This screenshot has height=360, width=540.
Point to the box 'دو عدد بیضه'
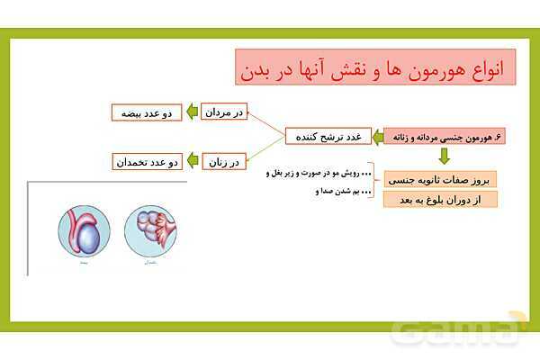147,112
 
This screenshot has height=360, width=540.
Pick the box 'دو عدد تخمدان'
147,162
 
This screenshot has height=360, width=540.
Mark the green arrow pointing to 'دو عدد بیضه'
191,112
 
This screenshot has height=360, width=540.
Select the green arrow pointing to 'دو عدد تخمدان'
191,162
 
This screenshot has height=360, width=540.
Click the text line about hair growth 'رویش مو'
320,172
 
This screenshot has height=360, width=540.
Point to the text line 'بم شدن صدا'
337,191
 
